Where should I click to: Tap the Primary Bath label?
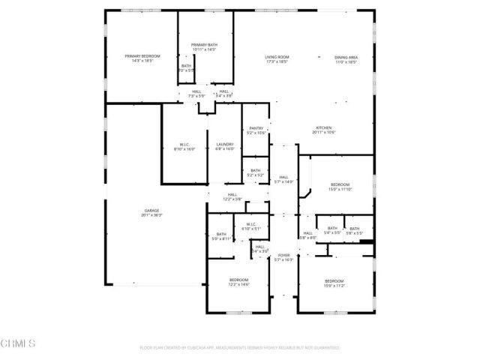point(203,45)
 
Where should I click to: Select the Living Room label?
point(277,57)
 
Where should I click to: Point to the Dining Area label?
point(346,57)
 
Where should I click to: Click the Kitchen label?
point(323,127)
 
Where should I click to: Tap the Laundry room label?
point(225,144)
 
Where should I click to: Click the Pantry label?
point(256,128)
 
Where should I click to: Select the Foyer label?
point(283,256)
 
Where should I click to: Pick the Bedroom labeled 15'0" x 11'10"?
point(340,184)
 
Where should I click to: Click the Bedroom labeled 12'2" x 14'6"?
point(238,280)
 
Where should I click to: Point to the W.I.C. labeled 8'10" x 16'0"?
point(184,144)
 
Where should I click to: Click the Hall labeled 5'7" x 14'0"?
point(283,177)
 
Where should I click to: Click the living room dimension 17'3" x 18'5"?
point(277,61)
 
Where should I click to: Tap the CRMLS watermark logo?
point(19,344)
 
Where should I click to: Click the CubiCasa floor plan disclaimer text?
point(240,348)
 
